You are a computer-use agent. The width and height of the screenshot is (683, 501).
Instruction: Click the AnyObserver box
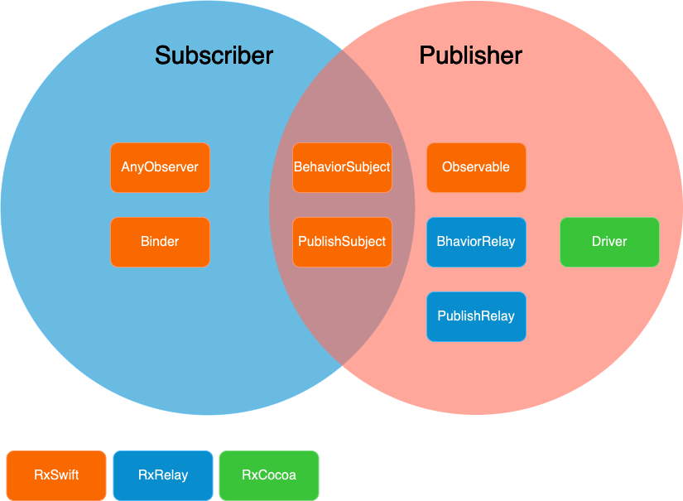pos(160,167)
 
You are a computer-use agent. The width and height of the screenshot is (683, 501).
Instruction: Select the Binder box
pos(160,242)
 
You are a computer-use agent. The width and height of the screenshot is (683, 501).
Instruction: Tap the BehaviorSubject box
pos(342,167)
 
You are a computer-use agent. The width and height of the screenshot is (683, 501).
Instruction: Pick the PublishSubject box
pos(342,242)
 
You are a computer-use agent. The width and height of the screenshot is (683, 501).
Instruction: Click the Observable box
pos(476,167)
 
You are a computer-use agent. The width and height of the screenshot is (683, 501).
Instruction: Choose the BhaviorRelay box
pos(476,242)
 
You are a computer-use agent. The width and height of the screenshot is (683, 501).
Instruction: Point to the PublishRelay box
pos(476,316)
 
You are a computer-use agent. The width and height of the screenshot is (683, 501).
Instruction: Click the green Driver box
pos(609,242)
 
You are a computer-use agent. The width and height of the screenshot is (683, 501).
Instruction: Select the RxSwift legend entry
pos(56,475)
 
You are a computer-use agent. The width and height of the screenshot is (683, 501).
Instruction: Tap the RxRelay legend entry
pos(163,475)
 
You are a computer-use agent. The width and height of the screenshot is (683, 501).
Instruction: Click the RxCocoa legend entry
pos(269,475)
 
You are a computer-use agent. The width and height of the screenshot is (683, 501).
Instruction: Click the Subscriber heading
pos(214,55)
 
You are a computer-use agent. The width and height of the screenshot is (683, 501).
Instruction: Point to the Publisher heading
pos(470,55)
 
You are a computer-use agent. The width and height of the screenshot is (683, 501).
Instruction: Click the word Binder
pos(160,242)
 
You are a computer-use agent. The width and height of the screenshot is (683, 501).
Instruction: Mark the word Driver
pos(609,242)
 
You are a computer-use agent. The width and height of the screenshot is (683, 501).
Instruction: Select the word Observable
pos(476,167)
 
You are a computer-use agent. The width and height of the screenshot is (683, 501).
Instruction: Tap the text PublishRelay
pos(476,316)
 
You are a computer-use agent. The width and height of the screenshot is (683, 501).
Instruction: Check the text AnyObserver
pos(160,167)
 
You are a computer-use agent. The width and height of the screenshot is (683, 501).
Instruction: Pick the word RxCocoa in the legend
pos(269,475)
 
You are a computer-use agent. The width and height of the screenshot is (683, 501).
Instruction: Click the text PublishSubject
pos(342,242)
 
